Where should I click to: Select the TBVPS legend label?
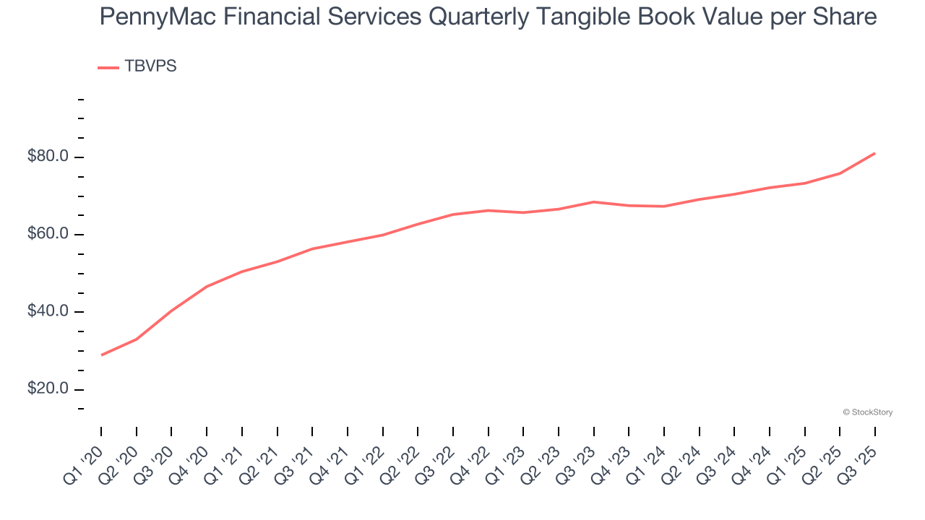(150, 66)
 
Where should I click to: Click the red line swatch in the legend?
(108, 67)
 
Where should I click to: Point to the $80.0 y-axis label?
(48, 157)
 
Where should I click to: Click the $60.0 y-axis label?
(48, 234)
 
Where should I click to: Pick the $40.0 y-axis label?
(48, 311)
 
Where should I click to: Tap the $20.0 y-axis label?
(48, 389)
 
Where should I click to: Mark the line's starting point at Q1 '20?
(101, 355)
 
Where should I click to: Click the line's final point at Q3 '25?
(874, 153)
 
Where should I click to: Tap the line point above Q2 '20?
(137, 339)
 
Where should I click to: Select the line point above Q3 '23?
(593, 201)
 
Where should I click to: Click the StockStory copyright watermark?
(867, 412)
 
